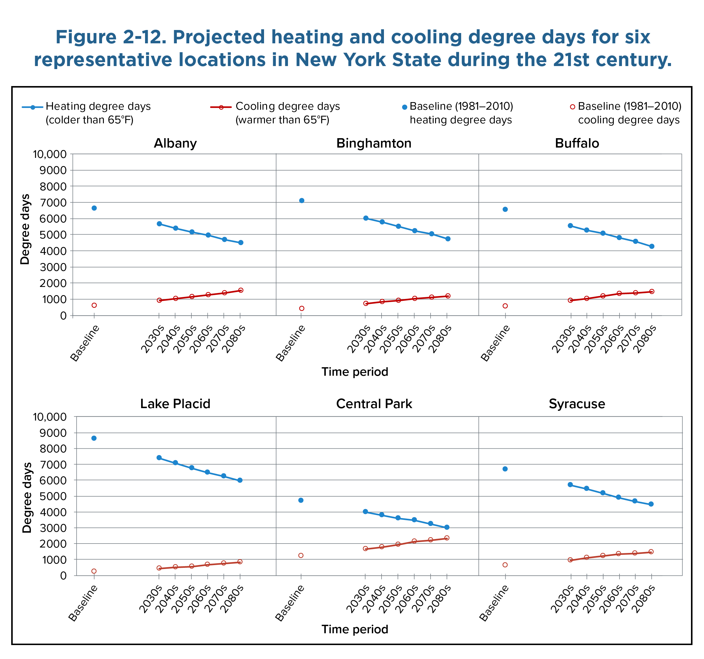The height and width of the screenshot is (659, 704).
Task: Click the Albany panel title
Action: pyautogui.click(x=175, y=143)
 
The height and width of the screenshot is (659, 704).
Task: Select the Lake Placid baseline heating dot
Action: pyautogui.click(x=94, y=438)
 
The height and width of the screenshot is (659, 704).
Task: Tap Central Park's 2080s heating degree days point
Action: pyautogui.click(x=447, y=527)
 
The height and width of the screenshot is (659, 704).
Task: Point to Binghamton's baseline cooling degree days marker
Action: pyautogui.click(x=301, y=308)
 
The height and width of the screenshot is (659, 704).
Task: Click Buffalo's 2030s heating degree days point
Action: pyautogui.click(x=570, y=225)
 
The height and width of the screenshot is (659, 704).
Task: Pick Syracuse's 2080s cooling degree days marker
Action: pyautogui.click(x=651, y=552)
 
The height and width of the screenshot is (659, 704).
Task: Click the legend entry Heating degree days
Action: pyautogui.click(x=98, y=106)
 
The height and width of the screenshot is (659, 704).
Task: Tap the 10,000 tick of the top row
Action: pyautogui.click(x=50, y=154)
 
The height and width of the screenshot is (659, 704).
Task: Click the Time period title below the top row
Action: pyautogui.click(x=355, y=372)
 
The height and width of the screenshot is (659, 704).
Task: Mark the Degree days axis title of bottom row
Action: pyautogui.click(x=27, y=498)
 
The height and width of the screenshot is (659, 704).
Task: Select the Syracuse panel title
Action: pyautogui.click(x=577, y=404)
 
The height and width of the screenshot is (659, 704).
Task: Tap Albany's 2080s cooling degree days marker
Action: pyautogui.click(x=240, y=290)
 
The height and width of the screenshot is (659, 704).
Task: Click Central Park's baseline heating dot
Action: pyautogui.click(x=301, y=500)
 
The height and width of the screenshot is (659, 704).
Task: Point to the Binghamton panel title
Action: pyautogui.click(x=374, y=143)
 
